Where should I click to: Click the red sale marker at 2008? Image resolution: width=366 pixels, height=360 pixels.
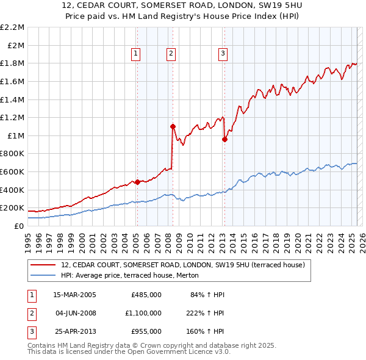173,126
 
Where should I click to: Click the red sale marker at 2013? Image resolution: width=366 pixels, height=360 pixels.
224,139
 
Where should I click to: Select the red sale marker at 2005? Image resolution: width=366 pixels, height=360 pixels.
137,181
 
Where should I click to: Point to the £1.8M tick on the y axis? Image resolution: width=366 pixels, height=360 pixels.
13,63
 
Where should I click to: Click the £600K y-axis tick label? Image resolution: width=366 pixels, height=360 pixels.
13,172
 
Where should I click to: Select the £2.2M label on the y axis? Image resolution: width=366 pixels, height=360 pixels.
13,27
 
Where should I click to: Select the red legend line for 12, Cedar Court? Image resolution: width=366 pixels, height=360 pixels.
42,265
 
